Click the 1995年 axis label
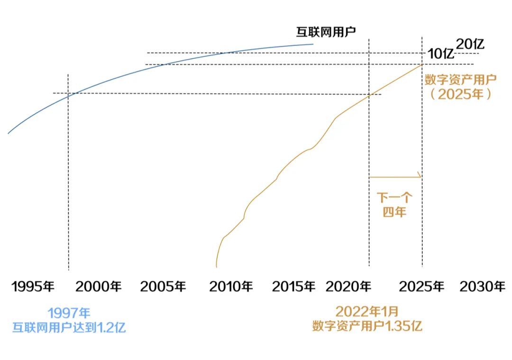pyautogui.click(x=33, y=287)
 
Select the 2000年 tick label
pyautogui.click(x=99, y=287)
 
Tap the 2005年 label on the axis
pyautogui.click(x=163, y=287)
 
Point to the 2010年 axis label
pyautogui.click(x=231, y=287)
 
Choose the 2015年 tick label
pyautogui.click(x=294, y=287)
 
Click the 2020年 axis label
pyautogui.click(x=348, y=287)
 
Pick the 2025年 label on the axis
pyautogui.click(x=421, y=287)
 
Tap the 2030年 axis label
pyautogui.click(x=483, y=287)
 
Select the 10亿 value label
pyautogui.click(x=440, y=54)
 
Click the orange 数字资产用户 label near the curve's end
pyautogui.click(x=460, y=79)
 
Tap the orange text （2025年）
pyautogui.click(x=460, y=94)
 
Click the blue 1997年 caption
pyautogui.click(x=69, y=313)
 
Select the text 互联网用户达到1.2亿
pyautogui.click(x=69, y=327)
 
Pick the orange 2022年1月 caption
pyautogui.click(x=367, y=311)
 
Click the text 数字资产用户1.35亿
pyautogui.click(x=367, y=326)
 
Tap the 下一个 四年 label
pyautogui.click(x=394, y=205)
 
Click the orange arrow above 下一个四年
pyautogui.click(x=395, y=177)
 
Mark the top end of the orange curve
pyautogui.click(x=422, y=64)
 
